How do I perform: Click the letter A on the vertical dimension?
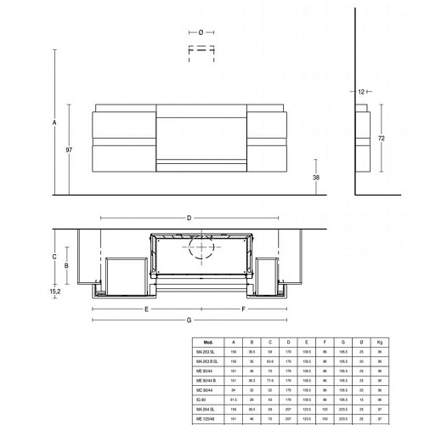pyautogui.click(x=54, y=123)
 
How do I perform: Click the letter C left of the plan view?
pyautogui.click(x=54, y=256)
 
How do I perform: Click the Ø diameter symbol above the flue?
pyautogui.click(x=201, y=31)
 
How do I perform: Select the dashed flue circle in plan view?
pyautogui.click(x=202, y=247)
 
